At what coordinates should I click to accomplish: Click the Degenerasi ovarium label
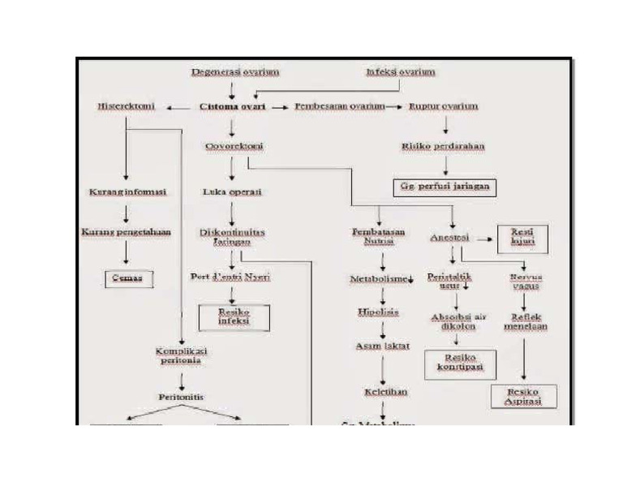(235, 72)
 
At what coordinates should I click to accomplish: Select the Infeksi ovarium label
(400, 72)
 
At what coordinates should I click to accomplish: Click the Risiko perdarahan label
(443, 146)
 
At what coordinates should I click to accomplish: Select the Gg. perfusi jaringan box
(445, 186)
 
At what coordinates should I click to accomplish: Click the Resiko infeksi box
(234, 316)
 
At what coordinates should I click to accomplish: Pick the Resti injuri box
(522, 239)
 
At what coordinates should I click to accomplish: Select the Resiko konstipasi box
(459, 363)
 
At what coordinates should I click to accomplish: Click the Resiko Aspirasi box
(523, 396)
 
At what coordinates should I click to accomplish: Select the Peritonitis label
(181, 398)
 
